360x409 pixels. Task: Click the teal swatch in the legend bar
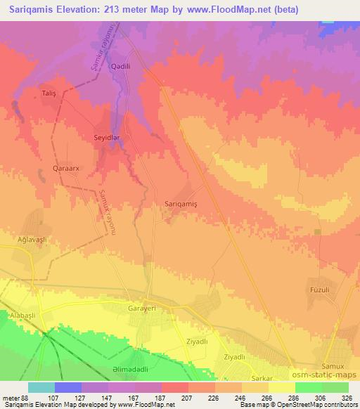point(41,387)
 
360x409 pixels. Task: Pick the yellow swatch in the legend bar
point(281,387)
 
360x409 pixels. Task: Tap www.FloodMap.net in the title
point(219,9)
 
